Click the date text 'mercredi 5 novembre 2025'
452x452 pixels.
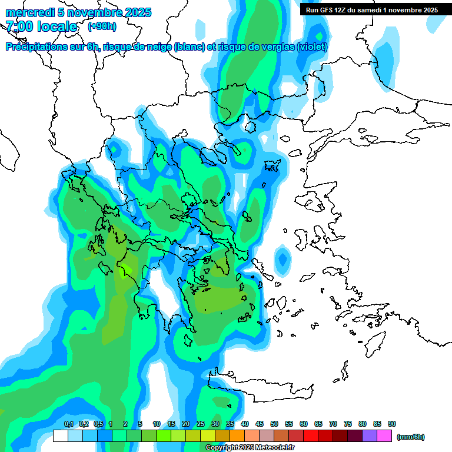[78, 12]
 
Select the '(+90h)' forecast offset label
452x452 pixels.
[101, 26]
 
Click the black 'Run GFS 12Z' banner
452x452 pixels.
[371, 9]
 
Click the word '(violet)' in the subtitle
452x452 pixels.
[312, 47]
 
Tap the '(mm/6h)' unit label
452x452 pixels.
[410, 437]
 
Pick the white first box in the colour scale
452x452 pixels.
[61, 436]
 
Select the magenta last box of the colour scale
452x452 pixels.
[384, 436]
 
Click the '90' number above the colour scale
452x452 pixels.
[392, 424]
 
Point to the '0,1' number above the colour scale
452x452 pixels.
[68, 424]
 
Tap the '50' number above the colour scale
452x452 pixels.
[274, 424]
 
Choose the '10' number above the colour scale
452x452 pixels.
[157, 424]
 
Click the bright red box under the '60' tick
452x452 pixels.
[311, 436]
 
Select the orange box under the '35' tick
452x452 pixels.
[237, 436]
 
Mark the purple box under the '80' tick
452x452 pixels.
[370, 436]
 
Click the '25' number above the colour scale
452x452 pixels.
[201, 424]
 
